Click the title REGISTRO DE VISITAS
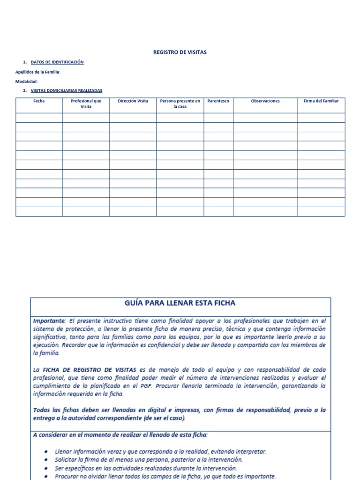click(180, 52)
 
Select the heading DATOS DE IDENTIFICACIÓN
click(57, 62)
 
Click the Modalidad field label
click(26, 81)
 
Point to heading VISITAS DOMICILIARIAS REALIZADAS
click(66, 90)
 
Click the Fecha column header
click(39, 101)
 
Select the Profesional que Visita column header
click(86, 104)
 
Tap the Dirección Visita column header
click(133, 101)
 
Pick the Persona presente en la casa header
click(180, 104)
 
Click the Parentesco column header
click(218, 101)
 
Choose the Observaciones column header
click(265, 101)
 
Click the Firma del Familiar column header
click(321, 101)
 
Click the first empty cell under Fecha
click(39, 118)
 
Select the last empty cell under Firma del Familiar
click(321, 211)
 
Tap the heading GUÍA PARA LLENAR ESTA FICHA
click(180, 303)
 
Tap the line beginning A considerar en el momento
click(120, 435)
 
